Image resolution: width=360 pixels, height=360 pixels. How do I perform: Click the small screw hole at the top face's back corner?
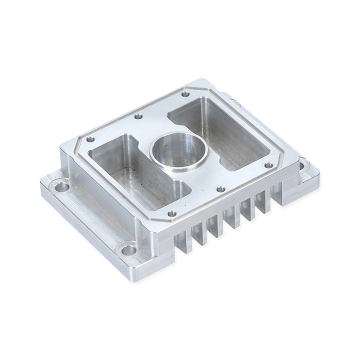point(185,94)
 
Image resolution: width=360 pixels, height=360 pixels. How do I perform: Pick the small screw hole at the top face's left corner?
point(90,139)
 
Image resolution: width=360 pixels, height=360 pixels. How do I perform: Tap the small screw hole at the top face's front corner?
point(172,213)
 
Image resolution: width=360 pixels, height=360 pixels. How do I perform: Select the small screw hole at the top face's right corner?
point(268,165)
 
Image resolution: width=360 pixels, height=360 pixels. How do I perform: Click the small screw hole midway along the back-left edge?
point(138,117)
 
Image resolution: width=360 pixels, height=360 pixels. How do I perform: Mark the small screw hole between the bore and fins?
point(220,189)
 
